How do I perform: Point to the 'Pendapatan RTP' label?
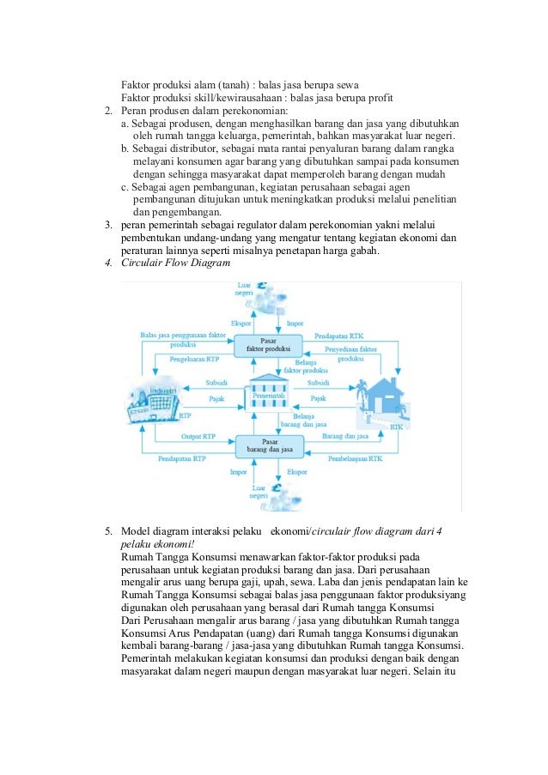tap(182, 459)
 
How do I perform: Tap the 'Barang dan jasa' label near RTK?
tap(339, 437)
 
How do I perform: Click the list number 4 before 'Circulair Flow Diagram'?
tap(108, 263)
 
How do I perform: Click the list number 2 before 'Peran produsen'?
tap(108, 112)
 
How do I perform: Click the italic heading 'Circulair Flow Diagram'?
tap(176, 263)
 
